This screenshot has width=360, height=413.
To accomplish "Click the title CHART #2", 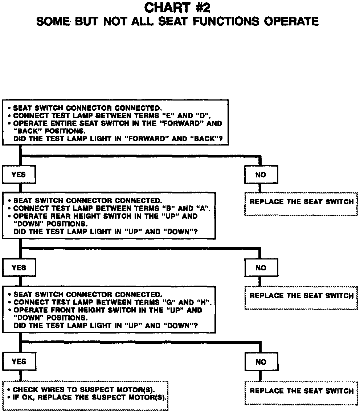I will pos(177,8).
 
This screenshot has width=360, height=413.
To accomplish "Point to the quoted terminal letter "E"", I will pos(168,116).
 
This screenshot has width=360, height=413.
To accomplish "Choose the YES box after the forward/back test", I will pos(19,175).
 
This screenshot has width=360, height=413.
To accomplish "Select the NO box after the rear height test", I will pos(261,268).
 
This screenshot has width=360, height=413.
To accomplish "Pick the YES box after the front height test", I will pos(19,361).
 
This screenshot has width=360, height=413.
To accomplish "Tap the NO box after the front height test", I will pos(261,362).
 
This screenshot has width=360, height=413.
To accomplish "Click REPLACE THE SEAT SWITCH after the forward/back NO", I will pos(301,202).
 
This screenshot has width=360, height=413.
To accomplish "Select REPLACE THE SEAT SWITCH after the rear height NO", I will pos(301,296).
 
